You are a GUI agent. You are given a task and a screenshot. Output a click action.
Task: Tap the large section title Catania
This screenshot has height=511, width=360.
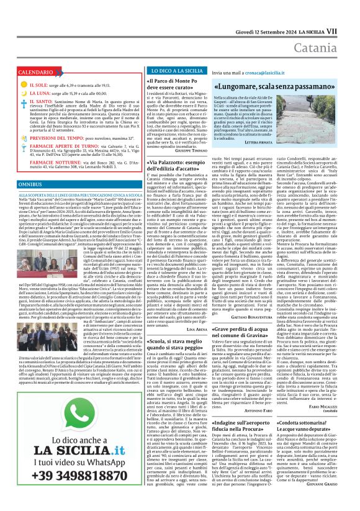(x=326, y=29)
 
